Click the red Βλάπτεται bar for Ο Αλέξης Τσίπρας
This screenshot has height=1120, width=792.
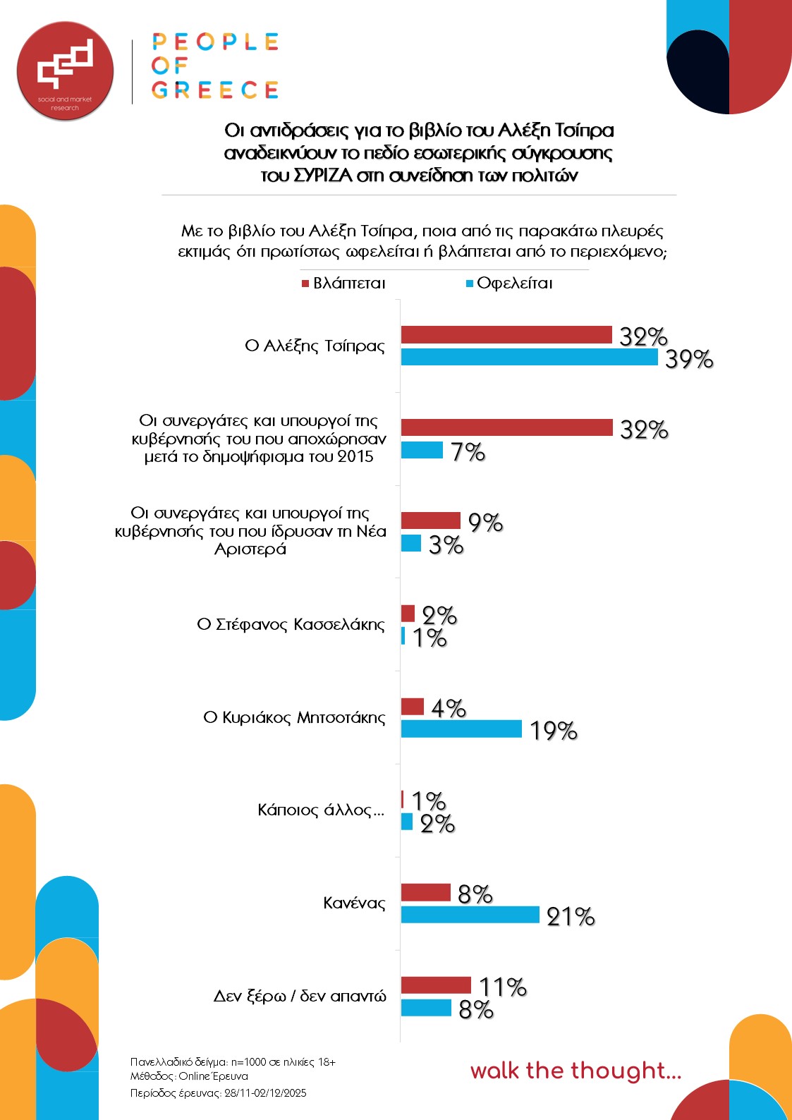(x=506, y=335)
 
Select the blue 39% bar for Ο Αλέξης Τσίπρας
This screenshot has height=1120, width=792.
(x=529, y=357)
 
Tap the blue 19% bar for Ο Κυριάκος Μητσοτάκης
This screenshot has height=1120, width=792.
(x=461, y=729)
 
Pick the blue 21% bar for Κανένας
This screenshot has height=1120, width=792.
(x=470, y=915)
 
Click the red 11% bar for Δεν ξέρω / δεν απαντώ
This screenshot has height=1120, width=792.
(x=436, y=985)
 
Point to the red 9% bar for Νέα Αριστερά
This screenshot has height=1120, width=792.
(x=430, y=521)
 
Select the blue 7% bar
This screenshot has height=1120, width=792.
(x=422, y=450)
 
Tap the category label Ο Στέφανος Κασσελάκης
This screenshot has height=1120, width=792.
(x=291, y=625)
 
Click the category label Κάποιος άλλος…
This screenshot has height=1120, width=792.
(x=321, y=810)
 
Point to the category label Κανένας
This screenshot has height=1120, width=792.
(x=354, y=903)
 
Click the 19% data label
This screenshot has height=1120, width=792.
(x=553, y=731)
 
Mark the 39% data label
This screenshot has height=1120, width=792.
(x=688, y=359)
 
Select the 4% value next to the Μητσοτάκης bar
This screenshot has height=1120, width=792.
(x=448, y=707)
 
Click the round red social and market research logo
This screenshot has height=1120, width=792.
(x=65, y=71)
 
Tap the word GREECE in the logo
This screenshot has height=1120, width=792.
(x=215, y=90)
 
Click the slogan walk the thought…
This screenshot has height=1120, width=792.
(x=575, y=1071)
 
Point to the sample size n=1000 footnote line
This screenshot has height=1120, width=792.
(x=233, y=1061)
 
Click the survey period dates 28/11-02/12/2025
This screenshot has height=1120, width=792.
(x=265, y=1092)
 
